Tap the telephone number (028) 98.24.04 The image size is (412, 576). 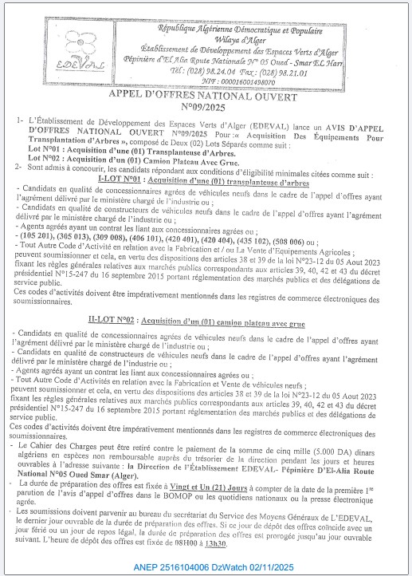[206, 70]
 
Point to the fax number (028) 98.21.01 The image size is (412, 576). [278, 70]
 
